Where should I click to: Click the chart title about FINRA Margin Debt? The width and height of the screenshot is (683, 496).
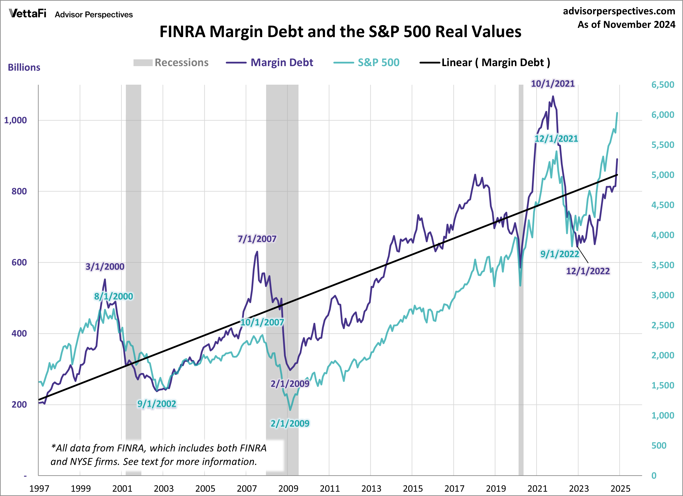point(340,32)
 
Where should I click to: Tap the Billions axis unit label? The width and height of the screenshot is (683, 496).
point(24,67)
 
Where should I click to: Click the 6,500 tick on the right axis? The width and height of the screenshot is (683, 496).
point(662,85)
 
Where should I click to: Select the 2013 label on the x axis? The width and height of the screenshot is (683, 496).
point(371,488)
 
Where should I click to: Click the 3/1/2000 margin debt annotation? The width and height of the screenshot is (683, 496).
point(105,267)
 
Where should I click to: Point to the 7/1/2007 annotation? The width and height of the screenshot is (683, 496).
point(257,239)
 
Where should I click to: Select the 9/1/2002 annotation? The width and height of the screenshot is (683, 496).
point(157,404)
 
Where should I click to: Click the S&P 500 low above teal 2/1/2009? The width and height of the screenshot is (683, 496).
point(290,410)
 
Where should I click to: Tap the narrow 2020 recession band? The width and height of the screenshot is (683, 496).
point(521,271)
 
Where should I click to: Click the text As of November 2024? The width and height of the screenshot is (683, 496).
point(626,25)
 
